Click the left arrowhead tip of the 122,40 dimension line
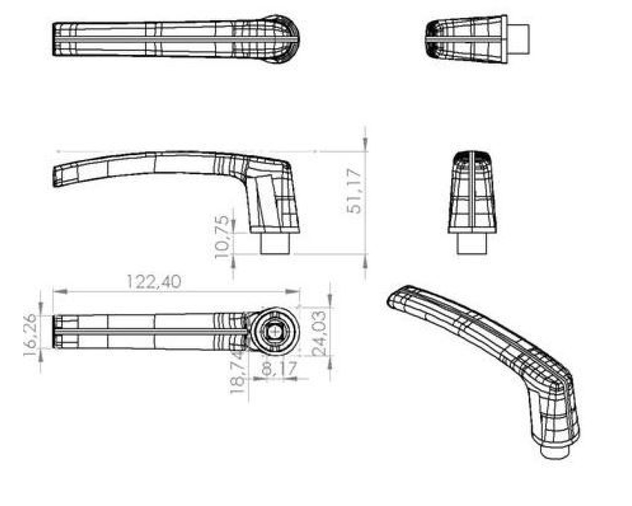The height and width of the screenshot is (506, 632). coord(53,292)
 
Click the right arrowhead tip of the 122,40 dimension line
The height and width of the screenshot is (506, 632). coord(300,292)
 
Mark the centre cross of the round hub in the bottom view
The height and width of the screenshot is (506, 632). coord(275,332)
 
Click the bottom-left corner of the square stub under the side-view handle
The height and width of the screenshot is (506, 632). coord(261,253)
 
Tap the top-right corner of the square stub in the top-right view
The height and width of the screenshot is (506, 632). coord(529,25)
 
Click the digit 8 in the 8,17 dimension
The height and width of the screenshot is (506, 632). coord(267,369)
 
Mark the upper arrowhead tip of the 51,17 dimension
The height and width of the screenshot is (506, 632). coord(365,151)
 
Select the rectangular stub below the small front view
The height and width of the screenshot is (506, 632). coord(472,244)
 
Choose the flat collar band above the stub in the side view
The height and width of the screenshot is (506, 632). coord(275,230)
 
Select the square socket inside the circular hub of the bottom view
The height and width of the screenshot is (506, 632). coord(275,332)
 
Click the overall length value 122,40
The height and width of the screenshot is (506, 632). coord(154,282)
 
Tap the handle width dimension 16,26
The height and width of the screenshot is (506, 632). coord(30,335)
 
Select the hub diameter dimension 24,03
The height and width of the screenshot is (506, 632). coord(319,334)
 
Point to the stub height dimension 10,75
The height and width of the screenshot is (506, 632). coord(221,237)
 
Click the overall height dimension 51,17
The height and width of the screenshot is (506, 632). coord(354,191)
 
